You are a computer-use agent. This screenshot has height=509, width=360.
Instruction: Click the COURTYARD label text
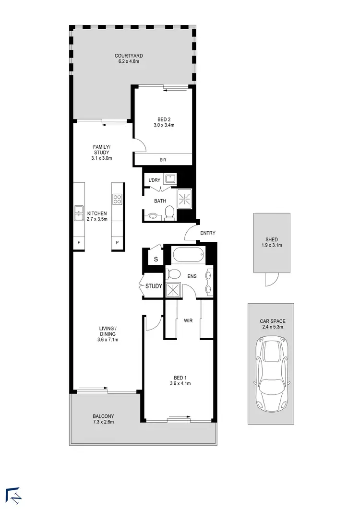point(129,56)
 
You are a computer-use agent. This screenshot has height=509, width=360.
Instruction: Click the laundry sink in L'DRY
point(170,179)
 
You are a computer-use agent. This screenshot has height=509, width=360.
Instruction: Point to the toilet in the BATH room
point(168,212)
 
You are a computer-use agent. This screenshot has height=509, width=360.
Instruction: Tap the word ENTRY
point(208,233)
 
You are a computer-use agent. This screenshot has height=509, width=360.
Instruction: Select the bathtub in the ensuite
point(189,254)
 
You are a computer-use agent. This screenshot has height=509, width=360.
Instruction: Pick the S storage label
point(156,260)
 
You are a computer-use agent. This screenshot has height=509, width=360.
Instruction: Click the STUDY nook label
point(154,286)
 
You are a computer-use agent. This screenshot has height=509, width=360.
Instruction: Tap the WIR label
point(188,320)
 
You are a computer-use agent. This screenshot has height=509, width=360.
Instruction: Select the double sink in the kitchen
point(79,212)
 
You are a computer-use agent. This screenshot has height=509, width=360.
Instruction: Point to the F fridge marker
point(78,243)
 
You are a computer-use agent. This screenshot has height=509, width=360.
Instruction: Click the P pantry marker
point(118,243)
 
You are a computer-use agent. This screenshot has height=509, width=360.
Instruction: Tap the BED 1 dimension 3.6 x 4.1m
point(180,383)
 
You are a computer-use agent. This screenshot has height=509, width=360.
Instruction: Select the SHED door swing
point(271,279)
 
